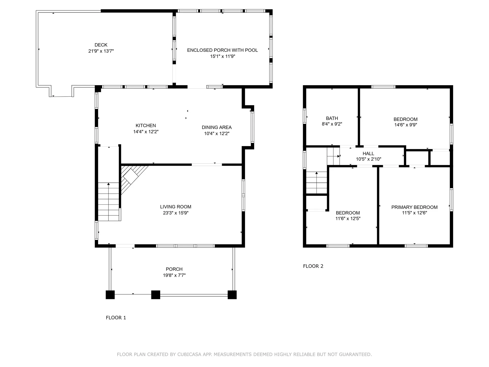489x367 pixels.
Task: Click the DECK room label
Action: click(x=101, y=45)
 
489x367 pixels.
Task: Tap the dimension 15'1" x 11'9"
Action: click(x=222, y=56)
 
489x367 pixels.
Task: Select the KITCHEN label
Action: click(x=146, y=125)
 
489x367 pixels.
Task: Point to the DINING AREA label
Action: click(x=216, y=127)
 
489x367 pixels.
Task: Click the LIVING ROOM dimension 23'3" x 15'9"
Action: click(x=175, y=213)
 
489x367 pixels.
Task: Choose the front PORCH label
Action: click(x=174, y=269)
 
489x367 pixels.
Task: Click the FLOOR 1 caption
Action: click(x=116, y=318)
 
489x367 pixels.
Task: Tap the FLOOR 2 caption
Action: click(x=313, y=266)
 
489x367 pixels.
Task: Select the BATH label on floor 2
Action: click(x=332, y=118)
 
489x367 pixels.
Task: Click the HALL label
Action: click(x=368, y=153)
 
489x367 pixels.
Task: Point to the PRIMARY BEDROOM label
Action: click(x=414, y=207)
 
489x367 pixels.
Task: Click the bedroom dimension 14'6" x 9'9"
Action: click(x=405, y=125)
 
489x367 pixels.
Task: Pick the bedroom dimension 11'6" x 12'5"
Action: click(x=348, y=218)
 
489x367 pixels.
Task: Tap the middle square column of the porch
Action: click(x=156, y=295)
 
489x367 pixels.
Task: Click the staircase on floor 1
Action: click(x=109, y=201)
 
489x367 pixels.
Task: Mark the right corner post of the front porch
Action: click(x=232, y=295)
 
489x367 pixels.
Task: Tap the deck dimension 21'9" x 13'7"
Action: click(x=101, y=51)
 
